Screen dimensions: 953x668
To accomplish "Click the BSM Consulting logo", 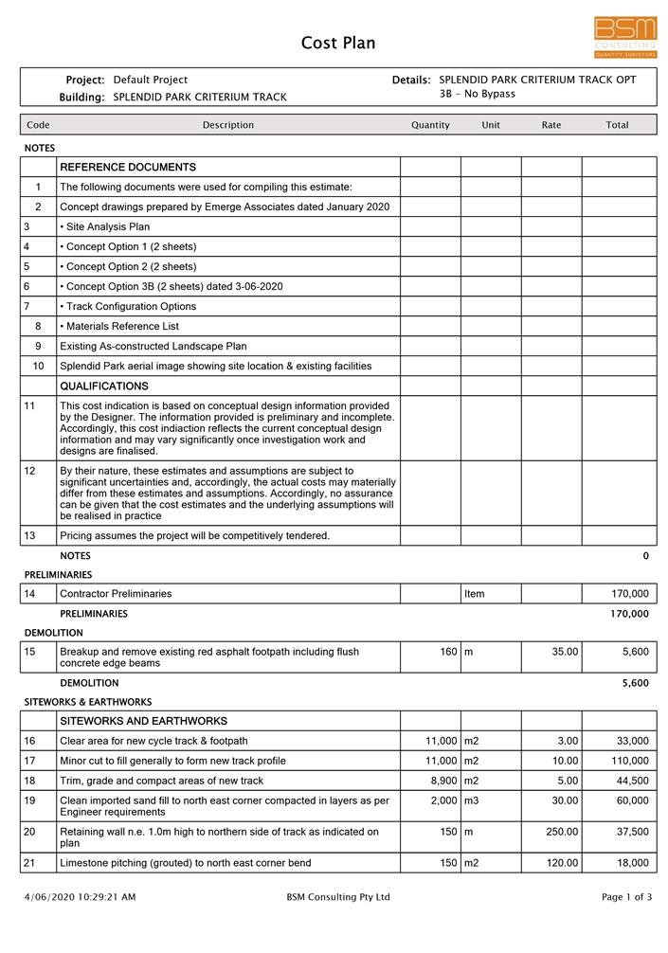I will (625, 37).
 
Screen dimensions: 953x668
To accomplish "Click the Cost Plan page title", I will (338, 43).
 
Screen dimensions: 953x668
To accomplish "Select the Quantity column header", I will (430, 125).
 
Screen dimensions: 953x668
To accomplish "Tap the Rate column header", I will (551, 125).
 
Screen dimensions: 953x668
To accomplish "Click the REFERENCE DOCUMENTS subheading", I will (128, 168).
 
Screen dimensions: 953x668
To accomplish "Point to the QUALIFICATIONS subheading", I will (104, 387).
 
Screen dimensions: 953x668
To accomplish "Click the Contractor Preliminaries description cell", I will (116, 594).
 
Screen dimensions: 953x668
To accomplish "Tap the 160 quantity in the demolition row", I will (449, 652).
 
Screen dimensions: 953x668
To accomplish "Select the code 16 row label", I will (29, 741).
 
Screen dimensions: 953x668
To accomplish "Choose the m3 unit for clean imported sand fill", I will (474, 800).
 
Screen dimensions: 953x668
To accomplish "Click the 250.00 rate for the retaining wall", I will (562, 832).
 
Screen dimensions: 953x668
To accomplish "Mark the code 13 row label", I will (29, 536).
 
